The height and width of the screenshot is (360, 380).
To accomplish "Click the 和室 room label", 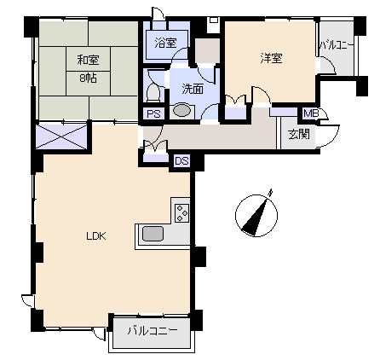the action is click(88, 60).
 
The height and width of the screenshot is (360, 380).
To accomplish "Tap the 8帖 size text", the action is click(88, 78).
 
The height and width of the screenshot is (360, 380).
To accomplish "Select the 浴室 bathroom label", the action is click(165, 43).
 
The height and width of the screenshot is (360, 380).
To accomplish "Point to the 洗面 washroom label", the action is click(193, 90).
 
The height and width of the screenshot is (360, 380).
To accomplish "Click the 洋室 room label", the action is click(271, 58).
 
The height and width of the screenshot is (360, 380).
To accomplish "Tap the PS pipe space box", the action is click(153, 114).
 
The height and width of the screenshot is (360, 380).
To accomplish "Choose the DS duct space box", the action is click(181, 161).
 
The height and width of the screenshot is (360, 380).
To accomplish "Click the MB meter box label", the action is click(311, 113).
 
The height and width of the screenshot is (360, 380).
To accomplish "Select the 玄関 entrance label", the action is click(299, 134).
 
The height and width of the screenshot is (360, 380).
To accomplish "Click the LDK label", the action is click(96, 235).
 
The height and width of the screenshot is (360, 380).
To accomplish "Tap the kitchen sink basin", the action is click(153, 234).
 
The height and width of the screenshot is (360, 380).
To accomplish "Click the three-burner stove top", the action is click(182, 213).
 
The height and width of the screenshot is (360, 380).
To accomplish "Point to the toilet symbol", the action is click(153, 92).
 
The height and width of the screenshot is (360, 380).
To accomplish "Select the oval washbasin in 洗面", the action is click(181, 111).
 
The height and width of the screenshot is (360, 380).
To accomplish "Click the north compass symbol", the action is click(256, 215).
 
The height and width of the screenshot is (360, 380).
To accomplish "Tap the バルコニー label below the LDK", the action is click(153, 330).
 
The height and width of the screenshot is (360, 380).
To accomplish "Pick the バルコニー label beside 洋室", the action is click(337, 45).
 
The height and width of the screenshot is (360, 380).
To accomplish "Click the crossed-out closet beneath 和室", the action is click(61, 136).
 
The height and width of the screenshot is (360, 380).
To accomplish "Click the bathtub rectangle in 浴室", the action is click(167, 44).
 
